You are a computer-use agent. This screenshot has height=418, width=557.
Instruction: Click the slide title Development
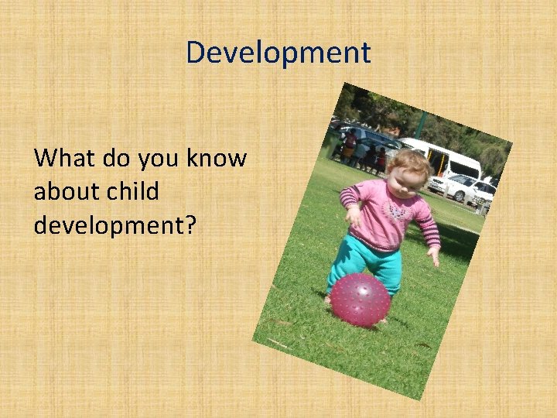coord(278,53)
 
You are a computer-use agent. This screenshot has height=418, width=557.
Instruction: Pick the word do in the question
coord(117,159)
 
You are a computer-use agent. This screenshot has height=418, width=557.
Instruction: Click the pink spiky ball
coord(360,298)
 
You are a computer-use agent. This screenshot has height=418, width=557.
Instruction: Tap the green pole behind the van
coord(422,125)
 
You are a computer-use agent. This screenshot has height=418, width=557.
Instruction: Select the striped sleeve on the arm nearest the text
coord(350,198)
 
